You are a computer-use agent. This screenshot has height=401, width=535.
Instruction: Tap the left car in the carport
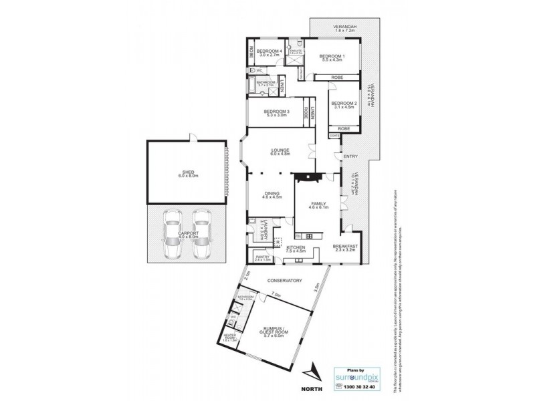click(173, 233)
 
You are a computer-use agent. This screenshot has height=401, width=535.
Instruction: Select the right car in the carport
click(200, 233)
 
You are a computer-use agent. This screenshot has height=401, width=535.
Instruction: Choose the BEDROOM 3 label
click(276, 112)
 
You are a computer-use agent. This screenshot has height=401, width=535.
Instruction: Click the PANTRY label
click(261, 257)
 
